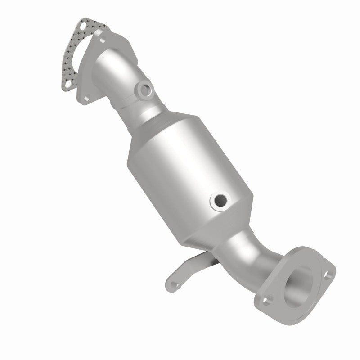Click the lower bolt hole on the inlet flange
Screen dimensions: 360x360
click(x=85, y=96)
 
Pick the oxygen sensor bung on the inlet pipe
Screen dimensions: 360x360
click(x=145, y=90)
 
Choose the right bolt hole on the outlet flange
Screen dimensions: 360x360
click(x=330, y=272)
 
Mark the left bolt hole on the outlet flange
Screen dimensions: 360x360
click(x=268, y=297)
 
